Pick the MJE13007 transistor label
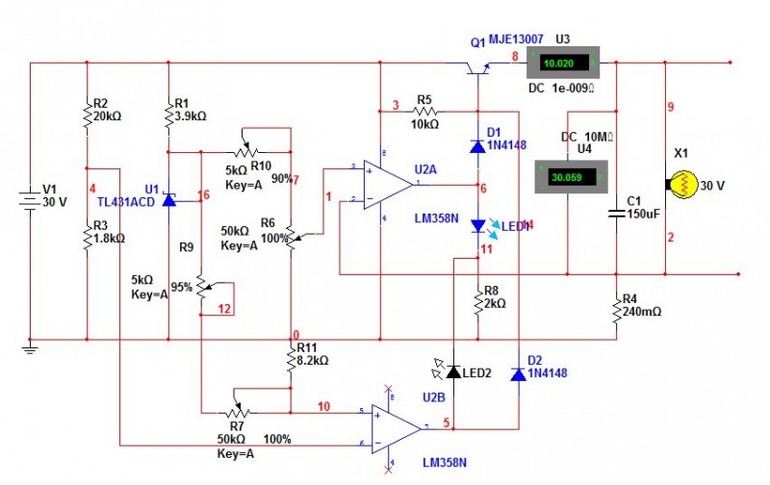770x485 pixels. (516, 39)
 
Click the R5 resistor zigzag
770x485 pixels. (424, 112)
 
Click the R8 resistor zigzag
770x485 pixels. (478, 302)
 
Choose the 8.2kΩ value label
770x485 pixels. (314, 360)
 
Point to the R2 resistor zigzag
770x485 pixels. (87, 114)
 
